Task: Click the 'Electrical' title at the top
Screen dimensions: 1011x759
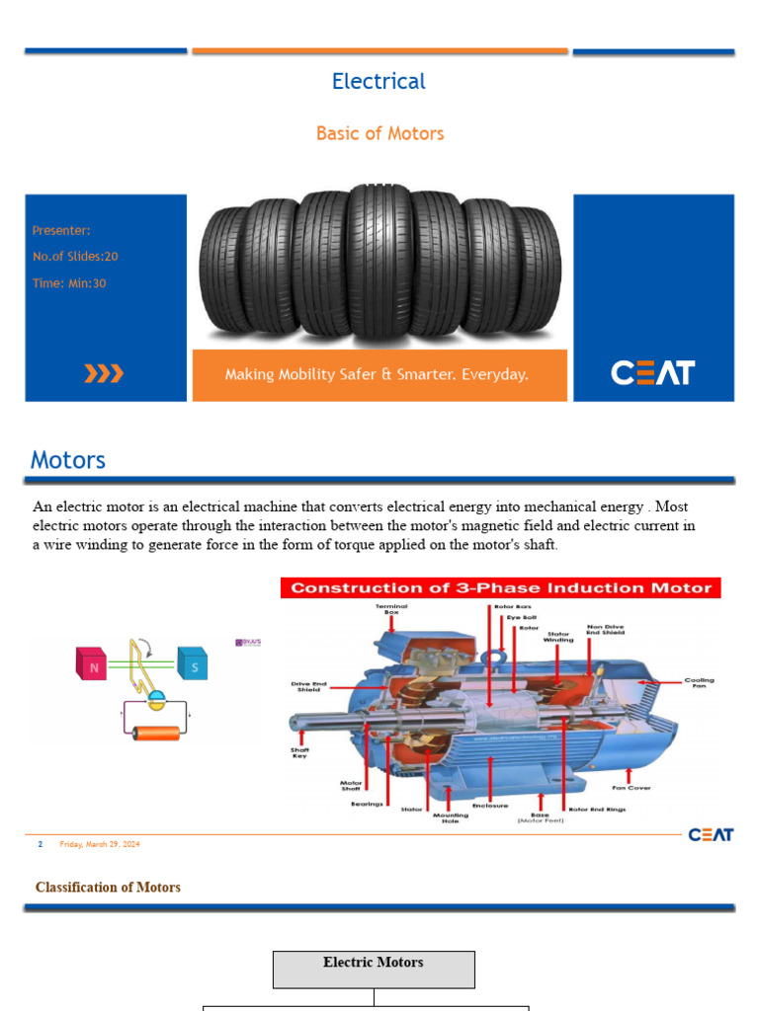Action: pyautogui.click(x=379, y=82)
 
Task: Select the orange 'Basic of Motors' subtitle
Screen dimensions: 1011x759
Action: pyautogui.click(x=379, y=133)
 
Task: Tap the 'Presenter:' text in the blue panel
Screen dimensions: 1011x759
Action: pyautogui.click(x=61, y=230)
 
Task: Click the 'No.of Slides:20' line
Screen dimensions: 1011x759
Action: pyautogui.click(x=75, y=257)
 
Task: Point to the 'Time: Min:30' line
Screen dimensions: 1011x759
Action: pyautogui.click(x=69, y=283)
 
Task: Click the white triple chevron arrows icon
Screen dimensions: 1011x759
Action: pyautogui.click(x=104, y=373)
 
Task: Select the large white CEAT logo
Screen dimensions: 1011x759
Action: pyautogui.click(x=652, y=373)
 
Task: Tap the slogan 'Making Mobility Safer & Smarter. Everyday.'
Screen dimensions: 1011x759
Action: pyautogui.click(x=377, y=375)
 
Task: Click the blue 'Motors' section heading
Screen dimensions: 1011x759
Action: pyautogui.click(x=68, y=460)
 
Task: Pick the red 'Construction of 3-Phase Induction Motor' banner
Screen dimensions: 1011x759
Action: pyautogui.click(x=501, y=588)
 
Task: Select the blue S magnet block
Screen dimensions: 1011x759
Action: pyautogui.click(x=194, y=663)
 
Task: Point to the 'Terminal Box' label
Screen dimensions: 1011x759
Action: pyautogui.click(x=390, y=609)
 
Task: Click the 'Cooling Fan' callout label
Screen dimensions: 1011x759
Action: pyautogui.click(x=700, y=682)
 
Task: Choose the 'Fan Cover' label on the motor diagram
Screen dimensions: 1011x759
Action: pyautogui.click(x=632, y=788)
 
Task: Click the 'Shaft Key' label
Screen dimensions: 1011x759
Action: pyautogui.click(x=299, y=752)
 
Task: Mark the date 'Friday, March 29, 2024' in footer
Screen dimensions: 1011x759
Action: pyautogui.click(x=100, y=844)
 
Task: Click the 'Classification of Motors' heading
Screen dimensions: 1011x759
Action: pyautogui.click(x=108, y=888)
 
